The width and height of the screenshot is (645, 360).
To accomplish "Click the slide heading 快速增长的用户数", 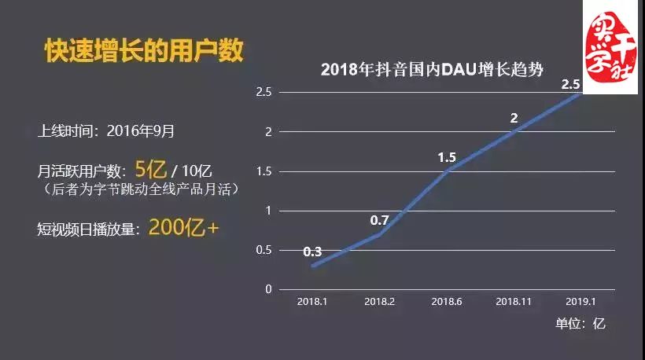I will pos(142,50).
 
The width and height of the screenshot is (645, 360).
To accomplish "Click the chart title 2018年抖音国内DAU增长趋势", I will pos(433,69).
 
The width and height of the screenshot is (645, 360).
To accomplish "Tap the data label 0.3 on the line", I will pos(312,252).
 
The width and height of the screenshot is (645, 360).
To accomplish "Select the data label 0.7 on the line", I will pos(380,220).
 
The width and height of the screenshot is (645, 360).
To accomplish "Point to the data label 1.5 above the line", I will pos(447,158).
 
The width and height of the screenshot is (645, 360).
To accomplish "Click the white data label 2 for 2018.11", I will pos(514,119).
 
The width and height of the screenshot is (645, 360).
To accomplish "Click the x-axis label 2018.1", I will pos(312,301).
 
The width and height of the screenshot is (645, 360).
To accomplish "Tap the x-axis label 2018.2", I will pos(380,301).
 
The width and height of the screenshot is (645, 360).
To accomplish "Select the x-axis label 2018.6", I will pos(447,301).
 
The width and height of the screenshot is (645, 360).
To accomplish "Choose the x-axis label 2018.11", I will pos(514,301).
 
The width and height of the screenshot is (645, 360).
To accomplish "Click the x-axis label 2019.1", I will pos(580,301).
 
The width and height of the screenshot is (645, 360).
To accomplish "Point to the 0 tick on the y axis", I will pos(268,289).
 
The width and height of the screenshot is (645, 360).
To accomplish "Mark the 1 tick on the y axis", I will pos(268,211).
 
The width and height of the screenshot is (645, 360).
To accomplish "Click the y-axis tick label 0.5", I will pos(264,250).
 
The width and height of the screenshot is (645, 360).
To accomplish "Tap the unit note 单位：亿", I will pos(580,323).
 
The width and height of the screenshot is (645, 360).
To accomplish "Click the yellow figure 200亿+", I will pos(183,228).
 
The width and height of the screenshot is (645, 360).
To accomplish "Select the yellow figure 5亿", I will pos(152,168).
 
